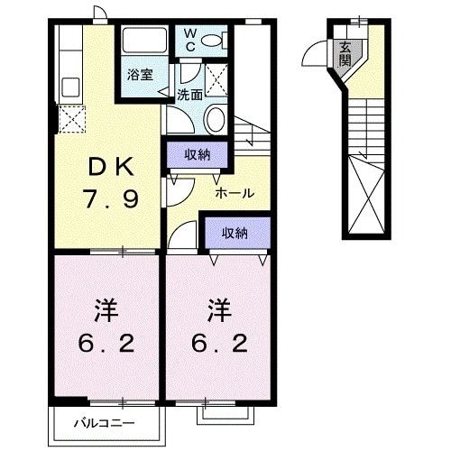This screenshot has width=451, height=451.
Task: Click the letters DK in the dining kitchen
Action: coord(112,168)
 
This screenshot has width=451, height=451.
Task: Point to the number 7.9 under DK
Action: coord(112,198)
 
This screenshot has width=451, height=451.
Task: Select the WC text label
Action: coord(190,40)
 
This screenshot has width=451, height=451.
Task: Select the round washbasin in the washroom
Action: coord(214,118)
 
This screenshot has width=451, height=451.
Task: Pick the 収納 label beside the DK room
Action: coord(198,154)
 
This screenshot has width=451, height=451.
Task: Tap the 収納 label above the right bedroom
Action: coord(235,234)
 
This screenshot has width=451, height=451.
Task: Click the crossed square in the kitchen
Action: coord(69,119)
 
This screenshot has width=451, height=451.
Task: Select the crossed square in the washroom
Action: coord(217,74)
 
